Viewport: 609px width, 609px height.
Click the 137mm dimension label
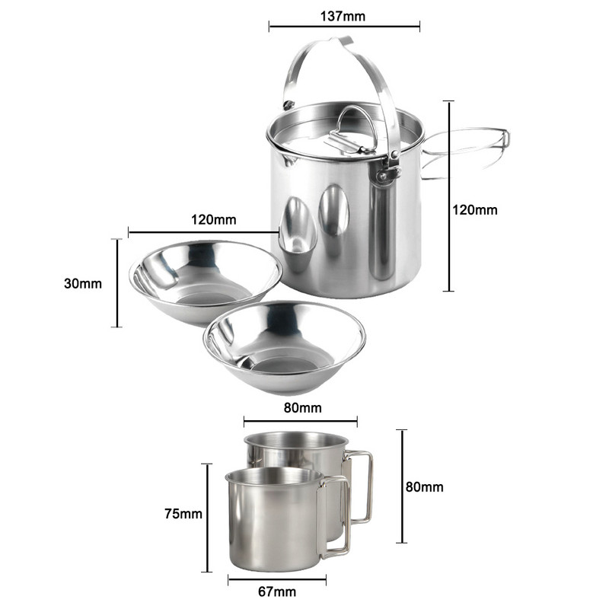tap(343, 16)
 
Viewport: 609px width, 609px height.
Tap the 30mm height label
tap(83, 283)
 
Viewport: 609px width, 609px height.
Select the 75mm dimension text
tap(183, 513)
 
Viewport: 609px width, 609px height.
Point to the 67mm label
tap(277, 591)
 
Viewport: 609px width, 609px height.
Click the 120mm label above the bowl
tap(214, 220)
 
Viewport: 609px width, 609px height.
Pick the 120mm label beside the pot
tap(474, 210)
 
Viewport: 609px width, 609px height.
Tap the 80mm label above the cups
tap(302, 408)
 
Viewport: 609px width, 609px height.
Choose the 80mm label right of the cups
tap(425, 486)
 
